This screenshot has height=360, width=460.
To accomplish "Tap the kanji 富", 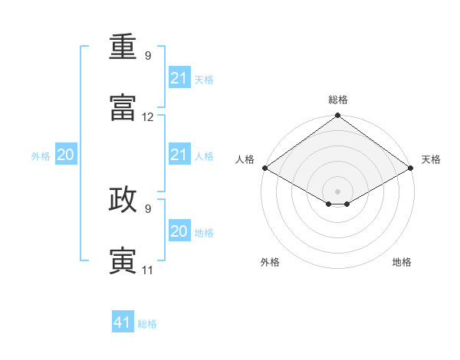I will click(x=123, y=107).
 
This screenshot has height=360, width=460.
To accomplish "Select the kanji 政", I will click(x=123, y=198).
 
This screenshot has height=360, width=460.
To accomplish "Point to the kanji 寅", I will click(x=123, y=259).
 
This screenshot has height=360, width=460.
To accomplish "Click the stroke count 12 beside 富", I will click(x=148, y=117).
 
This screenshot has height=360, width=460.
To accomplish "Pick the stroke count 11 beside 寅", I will click(x=147, y=270).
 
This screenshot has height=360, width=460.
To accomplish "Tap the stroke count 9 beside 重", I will click(x=147, y=56).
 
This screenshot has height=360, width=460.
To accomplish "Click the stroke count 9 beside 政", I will click(x=147, y=208).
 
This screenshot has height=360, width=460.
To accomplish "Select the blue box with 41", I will click(x=123, y=323).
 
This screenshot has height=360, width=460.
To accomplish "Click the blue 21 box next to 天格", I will click(x=179, y=78).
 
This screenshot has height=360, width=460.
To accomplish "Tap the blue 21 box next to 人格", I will click(x=179, y=155).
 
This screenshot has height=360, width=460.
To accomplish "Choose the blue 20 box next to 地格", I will click(x=179, y=231).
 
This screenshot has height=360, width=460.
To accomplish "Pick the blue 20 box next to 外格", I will click(x=66, y=155).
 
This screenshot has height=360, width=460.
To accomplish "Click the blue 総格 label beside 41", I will click(x=147, y=324).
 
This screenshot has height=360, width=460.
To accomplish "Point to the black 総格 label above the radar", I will click(x=338, y=100).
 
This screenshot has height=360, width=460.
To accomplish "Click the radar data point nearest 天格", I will click(x=411, y=168).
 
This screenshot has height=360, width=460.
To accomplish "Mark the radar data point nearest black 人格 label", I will click(x=264, y=168).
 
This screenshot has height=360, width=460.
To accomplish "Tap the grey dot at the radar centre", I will click(x=338, y=191).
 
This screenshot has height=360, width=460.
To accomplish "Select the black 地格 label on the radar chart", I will click(x=402, y=263).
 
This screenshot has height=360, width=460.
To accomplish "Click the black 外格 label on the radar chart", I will click(x=270, y=263).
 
